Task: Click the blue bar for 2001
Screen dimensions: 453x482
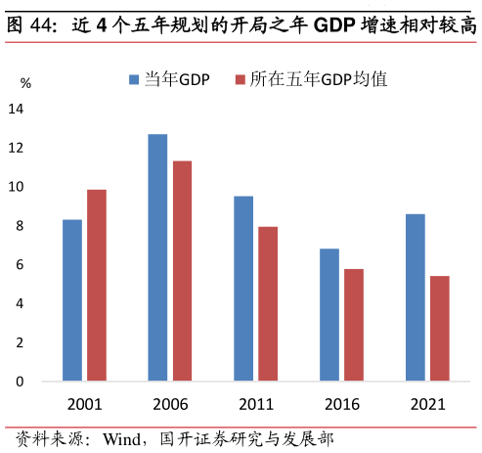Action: pos(72,300)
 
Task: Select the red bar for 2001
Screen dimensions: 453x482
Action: pos(96,285)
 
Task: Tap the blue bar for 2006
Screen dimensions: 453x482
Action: pos(157,257)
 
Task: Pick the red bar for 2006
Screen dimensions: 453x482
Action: pos(182,271)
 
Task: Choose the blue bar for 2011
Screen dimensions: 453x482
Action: pos(243,289)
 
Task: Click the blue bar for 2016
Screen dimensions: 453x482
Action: pos(329,315)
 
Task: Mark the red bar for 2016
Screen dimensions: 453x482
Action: pos(353,325)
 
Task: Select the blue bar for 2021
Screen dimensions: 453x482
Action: pos(416,297)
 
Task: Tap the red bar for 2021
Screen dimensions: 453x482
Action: pos(439,329)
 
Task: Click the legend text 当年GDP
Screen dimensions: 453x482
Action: pos(177,80)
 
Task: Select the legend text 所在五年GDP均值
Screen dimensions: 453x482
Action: pos(319,80)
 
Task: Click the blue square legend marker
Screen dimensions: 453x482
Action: pos(135,80)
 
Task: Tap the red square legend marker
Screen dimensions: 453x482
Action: pos(240,80)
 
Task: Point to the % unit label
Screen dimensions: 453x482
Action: pos(25,84)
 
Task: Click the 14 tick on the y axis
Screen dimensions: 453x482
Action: pos(17,109)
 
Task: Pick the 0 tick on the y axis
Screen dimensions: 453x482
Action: pos(20,382)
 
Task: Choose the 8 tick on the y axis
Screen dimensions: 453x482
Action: pos(20,226)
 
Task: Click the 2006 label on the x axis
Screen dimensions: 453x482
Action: pos(170,404)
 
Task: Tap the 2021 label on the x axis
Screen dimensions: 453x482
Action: pos(427,404)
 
